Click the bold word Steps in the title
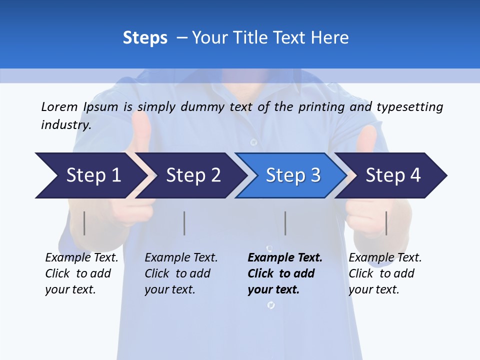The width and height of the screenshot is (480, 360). click(145, 38)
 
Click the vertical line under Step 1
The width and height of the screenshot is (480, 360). click(84, 223)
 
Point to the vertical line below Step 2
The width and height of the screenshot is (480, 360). click(184, 223)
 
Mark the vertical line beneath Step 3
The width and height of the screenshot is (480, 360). click(285, 223)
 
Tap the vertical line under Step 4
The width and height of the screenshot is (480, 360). click(386, 223)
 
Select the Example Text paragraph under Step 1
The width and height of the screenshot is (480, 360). click(81, 273)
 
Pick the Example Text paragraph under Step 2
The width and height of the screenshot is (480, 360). click(180, 273)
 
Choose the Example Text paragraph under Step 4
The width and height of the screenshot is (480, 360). click(384, 273)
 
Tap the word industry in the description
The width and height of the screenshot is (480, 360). click(65, 125)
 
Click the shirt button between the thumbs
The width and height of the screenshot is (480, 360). click(253, 142)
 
